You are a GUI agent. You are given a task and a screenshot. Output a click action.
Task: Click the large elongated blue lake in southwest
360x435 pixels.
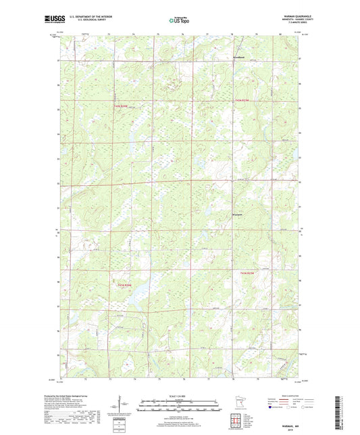coord(138,292)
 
